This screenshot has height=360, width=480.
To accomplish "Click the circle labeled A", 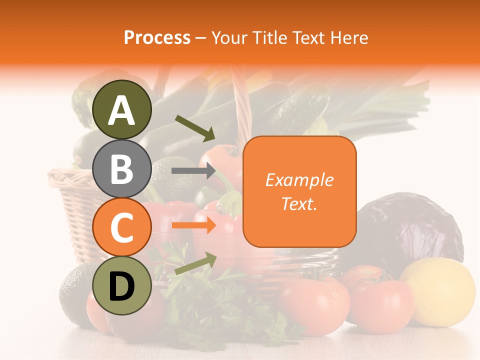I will pyautogui.click(x=122, y=110).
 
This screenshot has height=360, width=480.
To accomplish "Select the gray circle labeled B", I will pyautogui.click(x=122, y=168).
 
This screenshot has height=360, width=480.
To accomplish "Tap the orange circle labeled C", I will pyautogui.click(x=122, y=227).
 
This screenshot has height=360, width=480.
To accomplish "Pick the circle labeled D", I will pyautogui.click(x=122, y=286).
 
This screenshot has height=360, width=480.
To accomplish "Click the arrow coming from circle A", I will pyautogui.click(x=195, y=127).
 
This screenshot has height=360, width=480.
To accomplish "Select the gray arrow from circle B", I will pyautogui.click(x=194, y=171).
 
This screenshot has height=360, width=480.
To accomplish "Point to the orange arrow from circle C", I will pyautogui.click(x=194, y=225).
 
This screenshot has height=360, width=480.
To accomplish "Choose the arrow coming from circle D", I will pyautogui.click(x=195, y=263).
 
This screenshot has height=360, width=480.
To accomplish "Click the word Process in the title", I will pyautogui.click(x=157, y=37).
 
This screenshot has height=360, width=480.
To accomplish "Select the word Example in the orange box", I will pyautogui.click(x=299, y=180).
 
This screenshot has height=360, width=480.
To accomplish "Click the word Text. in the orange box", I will pyautogui.click(x=299, y=203).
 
